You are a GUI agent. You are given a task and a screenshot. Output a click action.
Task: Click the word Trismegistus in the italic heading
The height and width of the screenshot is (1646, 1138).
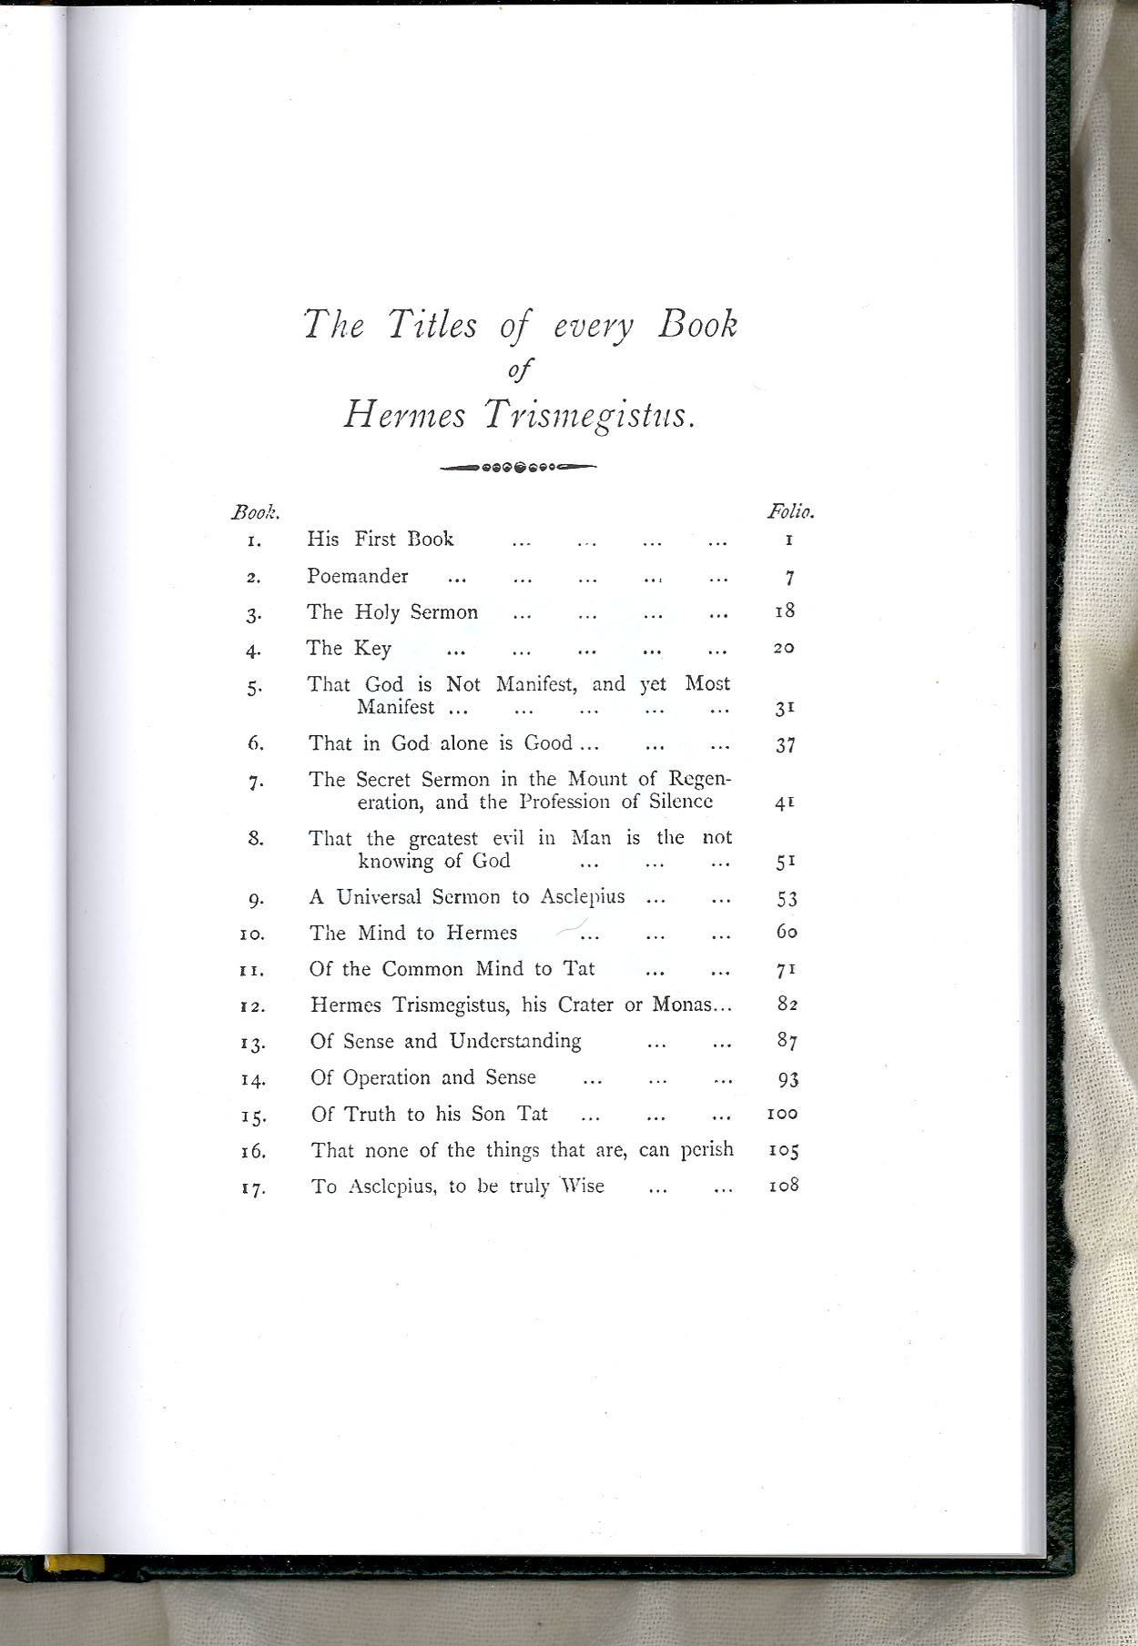tap(590, 416)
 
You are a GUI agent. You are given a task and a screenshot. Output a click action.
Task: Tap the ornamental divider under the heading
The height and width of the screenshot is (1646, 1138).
tap(517, 468)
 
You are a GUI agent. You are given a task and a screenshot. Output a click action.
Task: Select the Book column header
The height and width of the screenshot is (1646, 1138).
tap(255, 512)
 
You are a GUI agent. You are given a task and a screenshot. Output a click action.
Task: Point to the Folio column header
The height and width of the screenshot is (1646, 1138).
tap(790, 511)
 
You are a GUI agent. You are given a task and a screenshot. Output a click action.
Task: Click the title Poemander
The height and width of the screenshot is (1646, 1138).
tap(358, 576)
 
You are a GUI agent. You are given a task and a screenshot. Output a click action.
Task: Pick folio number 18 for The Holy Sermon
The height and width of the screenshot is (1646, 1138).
tap(785, 611)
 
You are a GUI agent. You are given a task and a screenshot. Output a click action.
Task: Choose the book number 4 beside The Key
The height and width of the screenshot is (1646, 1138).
tap(254, 651)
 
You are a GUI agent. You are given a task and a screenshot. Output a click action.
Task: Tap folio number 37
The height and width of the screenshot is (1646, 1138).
tap(786, 745)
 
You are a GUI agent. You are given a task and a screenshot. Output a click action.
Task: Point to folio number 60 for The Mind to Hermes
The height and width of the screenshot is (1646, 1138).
tap(787, 932)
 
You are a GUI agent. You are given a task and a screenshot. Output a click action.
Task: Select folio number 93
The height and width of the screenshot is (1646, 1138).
tap(787, 1079)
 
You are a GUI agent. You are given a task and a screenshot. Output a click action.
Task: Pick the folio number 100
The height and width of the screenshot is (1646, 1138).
tap(783, 1114)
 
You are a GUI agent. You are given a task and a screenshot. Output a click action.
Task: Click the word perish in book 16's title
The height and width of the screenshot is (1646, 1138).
tap(707, 1150)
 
